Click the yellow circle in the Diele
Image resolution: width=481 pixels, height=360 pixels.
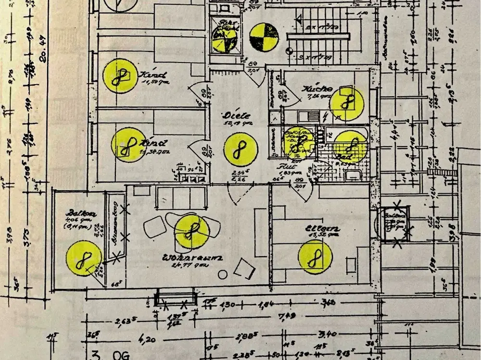[x=240, y=149]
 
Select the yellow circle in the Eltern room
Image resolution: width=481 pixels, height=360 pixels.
[x=315, y=257]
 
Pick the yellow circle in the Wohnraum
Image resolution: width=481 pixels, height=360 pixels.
[x=191, y=231]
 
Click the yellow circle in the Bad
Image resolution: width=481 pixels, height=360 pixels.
[x=351, y=146]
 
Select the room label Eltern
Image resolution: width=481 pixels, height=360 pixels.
[x=322, y=229]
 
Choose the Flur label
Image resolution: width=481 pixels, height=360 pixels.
[x=282, y=166]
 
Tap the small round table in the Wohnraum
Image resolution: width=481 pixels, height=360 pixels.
[x=223, y=274]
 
